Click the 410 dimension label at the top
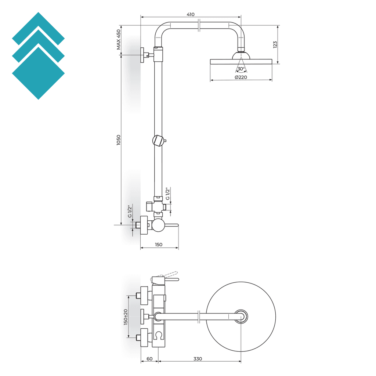pyautogui.click(x=190, y=14)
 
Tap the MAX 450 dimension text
pyautogui.click(x=119, y=40)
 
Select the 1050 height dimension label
pyautogui.click(x=119, y=140)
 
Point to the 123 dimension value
pyautogui.click(x=275, y=44)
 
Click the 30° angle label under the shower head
pyautogui.click(x=241, y=69)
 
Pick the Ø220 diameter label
pyautogui.click(x=241, y=77)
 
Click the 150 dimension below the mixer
pyautogui.click(x=159, y=245)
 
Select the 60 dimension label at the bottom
pyautogui.click(x=149, y=359)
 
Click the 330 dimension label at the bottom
pyautogui.click(x=198, y=359)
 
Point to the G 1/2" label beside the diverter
pyautogui.click(x=167, y=194)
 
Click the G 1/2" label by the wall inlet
pyautogui.click(x=130, y=211)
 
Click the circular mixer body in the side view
pyautogui.click(x=158, y=225)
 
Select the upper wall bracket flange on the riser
pyautogui.click(x=142, y=55)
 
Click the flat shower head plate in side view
pyautogui.click(x=241, y=61)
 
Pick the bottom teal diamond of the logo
pyautogui.click(x=38, y=73)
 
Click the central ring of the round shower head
pyautogui.click(x=241, y=316)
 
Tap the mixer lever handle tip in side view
pyautogui.click(x=176, y=225)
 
